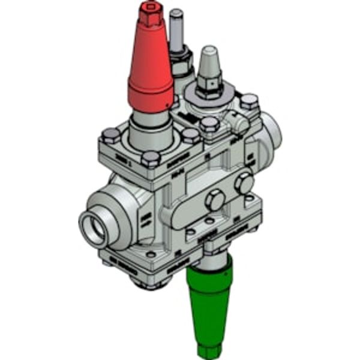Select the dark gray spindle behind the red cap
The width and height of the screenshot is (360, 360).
pos(176,30)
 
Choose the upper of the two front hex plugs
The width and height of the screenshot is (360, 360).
pos(244,182)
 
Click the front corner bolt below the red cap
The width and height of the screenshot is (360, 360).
pos(152,159)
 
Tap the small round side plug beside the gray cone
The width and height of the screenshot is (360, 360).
pos(242,124)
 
